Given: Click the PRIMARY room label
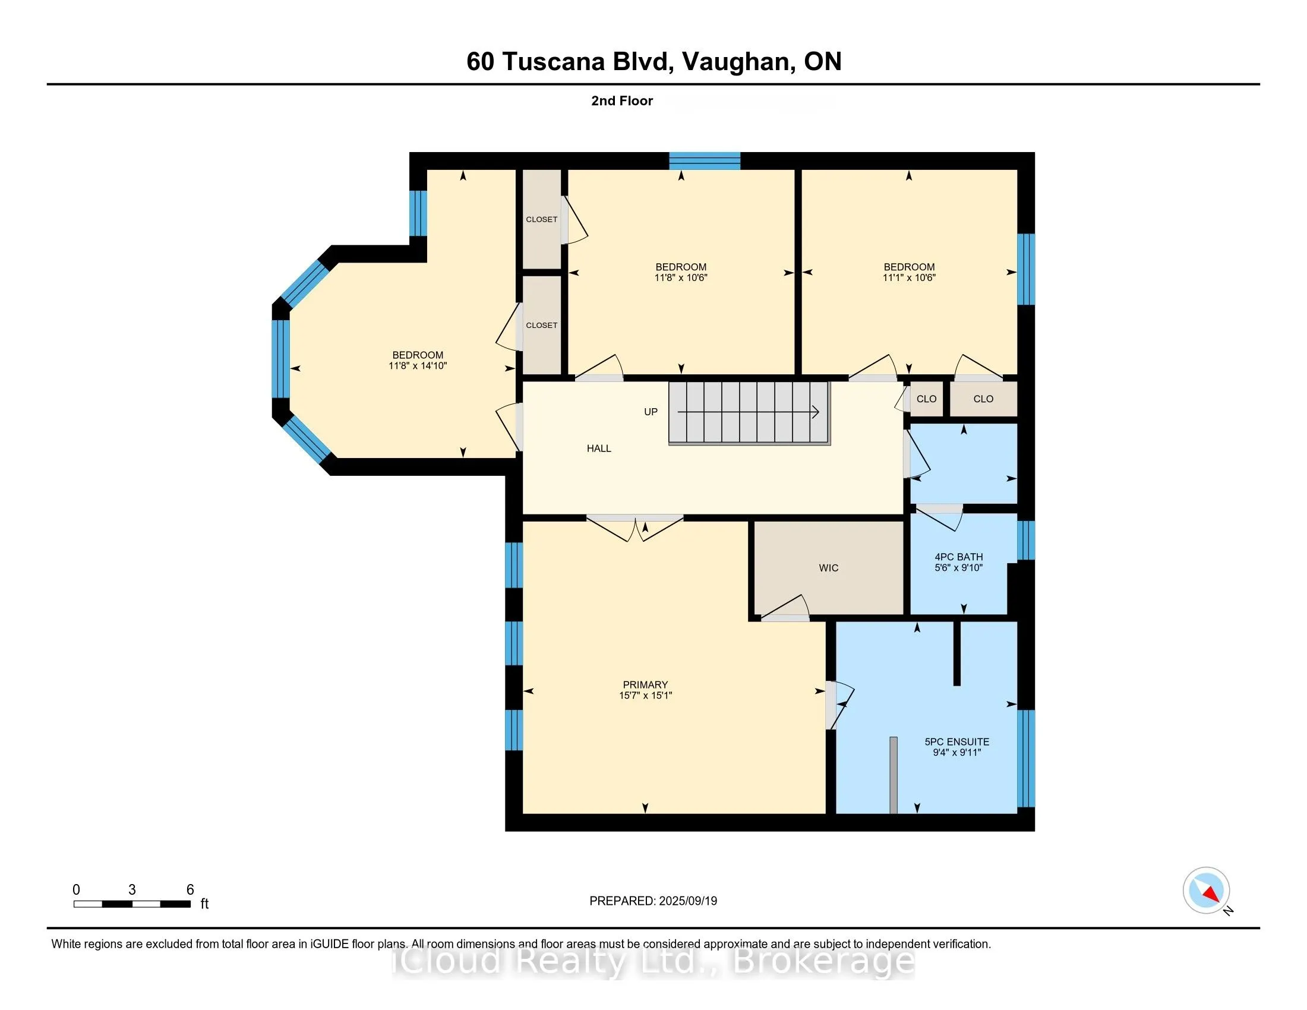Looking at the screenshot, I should coord(645,684).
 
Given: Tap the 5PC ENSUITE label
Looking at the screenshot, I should coord(956,741).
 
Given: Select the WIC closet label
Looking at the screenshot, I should coord(828,568).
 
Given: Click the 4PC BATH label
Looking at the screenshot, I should coord(958,557).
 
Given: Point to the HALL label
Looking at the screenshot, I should coord(598,448).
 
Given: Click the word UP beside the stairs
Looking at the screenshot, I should coord(651,412).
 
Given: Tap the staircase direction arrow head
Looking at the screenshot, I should coord(816,412).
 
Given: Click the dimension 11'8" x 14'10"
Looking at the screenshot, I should coord(417,365).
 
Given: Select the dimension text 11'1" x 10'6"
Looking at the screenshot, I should coord(908,277).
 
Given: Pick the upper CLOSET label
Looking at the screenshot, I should coord(541,220).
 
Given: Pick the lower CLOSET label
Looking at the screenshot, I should coord(541,326).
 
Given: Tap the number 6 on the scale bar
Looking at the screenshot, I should coord(190,890).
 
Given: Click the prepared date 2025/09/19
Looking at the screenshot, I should coord(687,901).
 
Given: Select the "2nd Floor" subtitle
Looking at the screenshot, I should coord(621,101).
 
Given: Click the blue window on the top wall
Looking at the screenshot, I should coord(705,161).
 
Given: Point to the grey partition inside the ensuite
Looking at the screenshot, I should coord(893,775).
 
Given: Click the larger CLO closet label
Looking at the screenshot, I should coord(983,399).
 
